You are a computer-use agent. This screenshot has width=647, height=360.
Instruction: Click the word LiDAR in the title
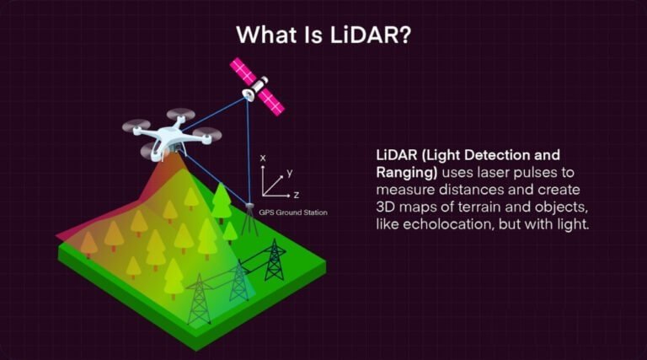click(x=370, y=35)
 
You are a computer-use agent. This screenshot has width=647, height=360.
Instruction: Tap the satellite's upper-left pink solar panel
click(x=243, y=71)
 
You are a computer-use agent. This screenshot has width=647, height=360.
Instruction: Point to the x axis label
click(x=263, y=159)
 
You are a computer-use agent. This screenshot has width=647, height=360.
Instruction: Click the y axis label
click(x=289, y=173)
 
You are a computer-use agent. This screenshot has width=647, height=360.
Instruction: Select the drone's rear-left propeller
click(x=136, y=126)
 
